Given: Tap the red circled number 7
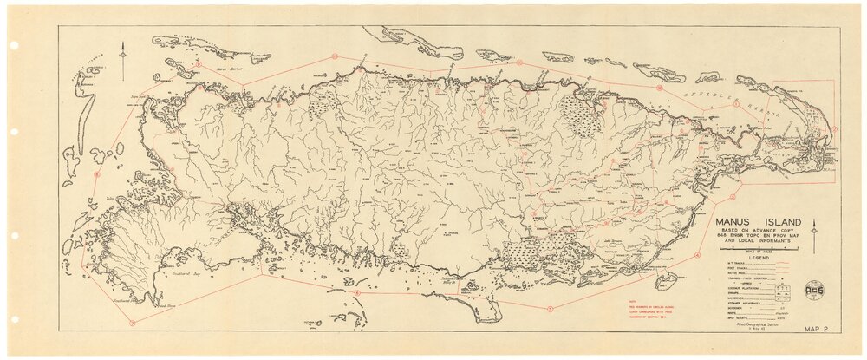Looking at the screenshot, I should coord(133,322).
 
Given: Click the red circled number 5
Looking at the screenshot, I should coord(551,309).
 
